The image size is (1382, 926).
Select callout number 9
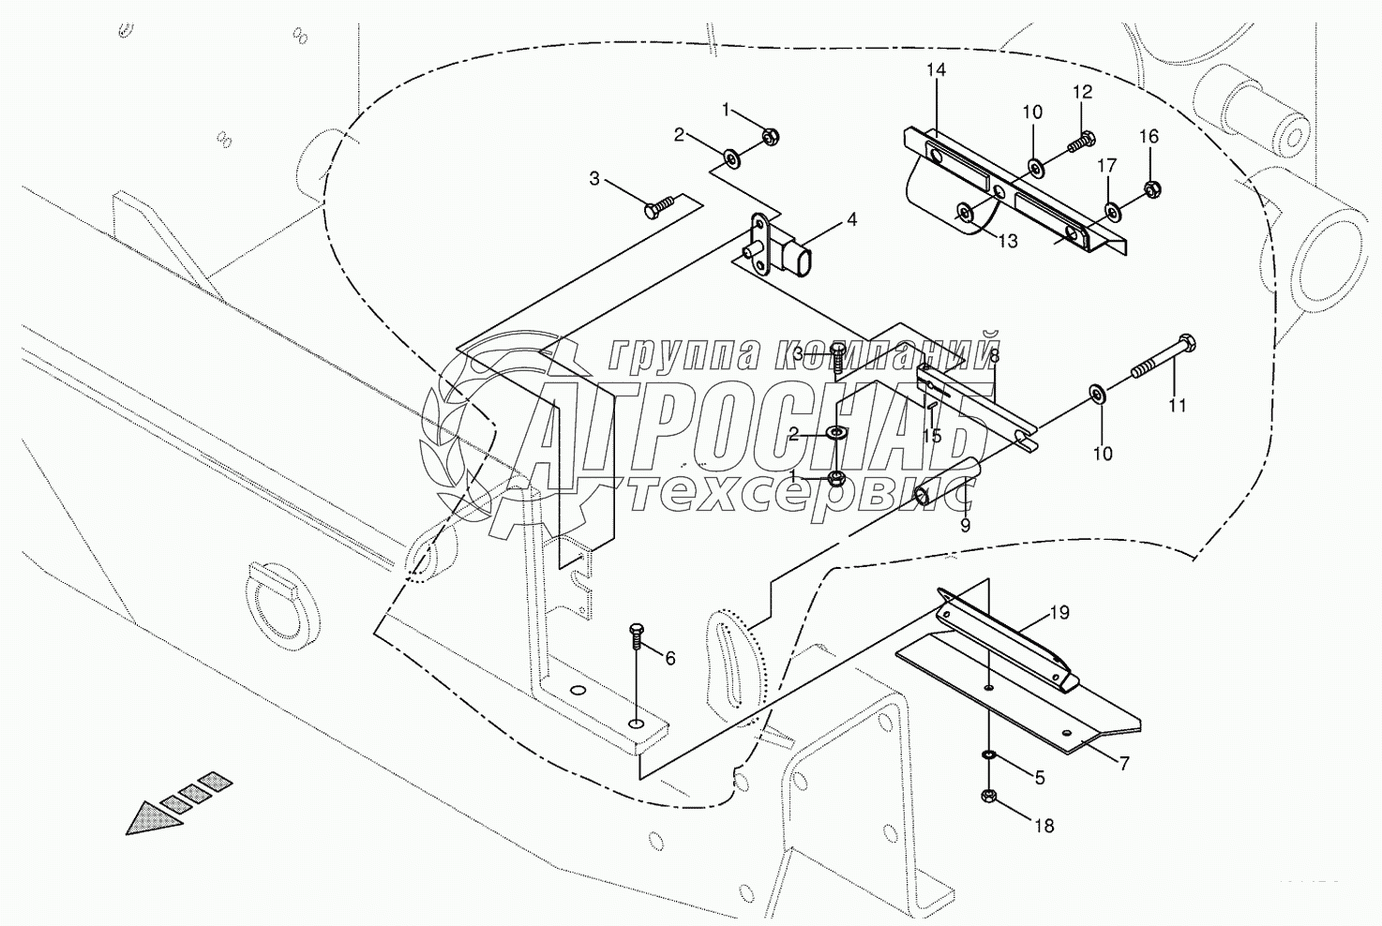tap(965, 526)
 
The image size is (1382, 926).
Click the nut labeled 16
tap(1153, 189)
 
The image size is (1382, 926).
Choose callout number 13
tap(1007, 242)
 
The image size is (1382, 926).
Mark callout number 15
tap(931, 436)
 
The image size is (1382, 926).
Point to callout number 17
tap(1107, 166)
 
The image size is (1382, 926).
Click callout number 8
tap(994, 355)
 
